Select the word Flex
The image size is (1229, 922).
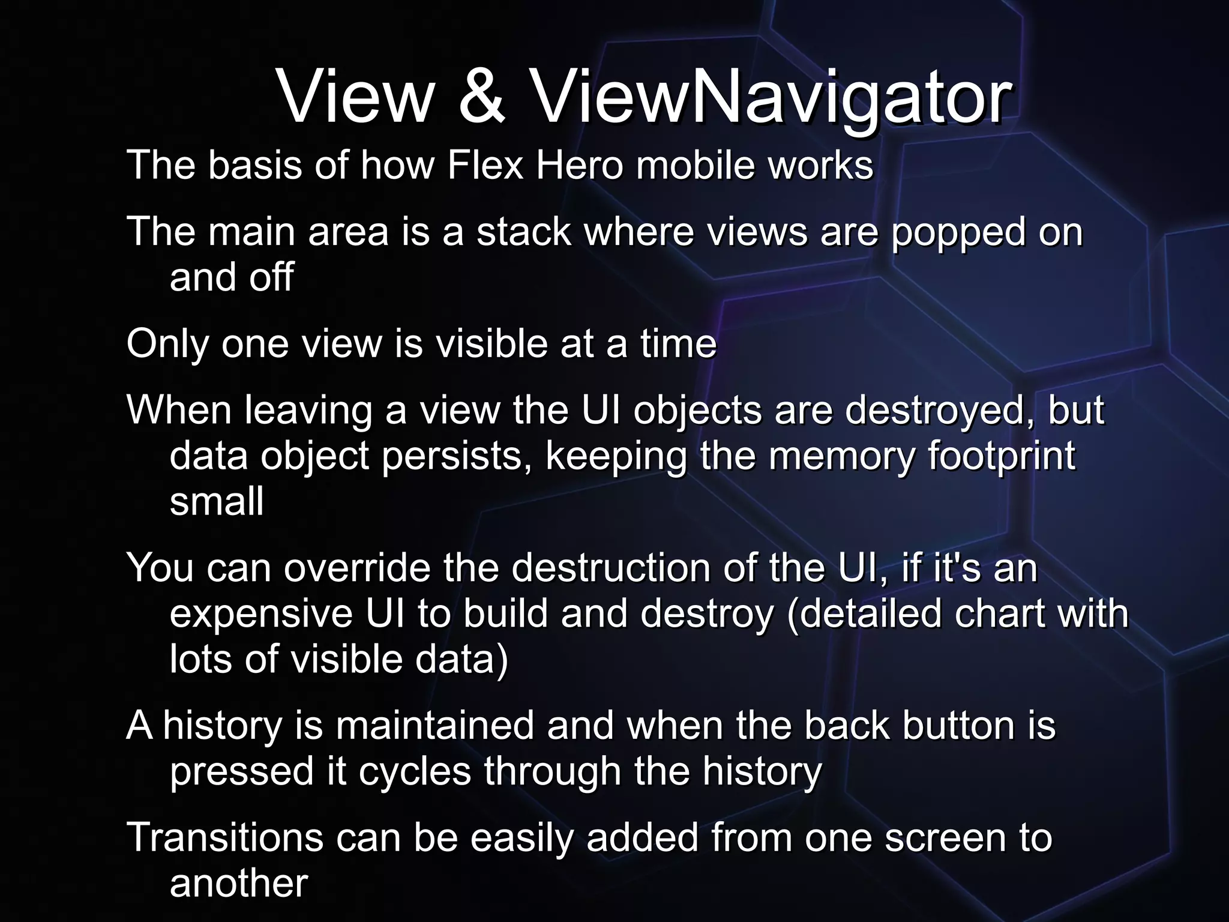point(485,165)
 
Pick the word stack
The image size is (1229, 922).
point(523,232)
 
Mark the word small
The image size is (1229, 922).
point(217,502)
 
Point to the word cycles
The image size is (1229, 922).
point(415,772)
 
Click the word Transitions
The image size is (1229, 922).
point(224,838)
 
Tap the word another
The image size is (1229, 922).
point(238,884)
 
